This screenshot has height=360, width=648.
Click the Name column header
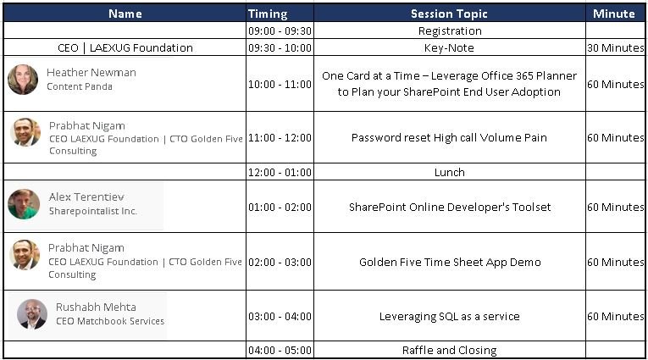(125, 14)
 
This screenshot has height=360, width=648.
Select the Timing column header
(268, 14)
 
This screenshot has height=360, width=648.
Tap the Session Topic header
(449, 14)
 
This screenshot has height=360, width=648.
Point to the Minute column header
(614, 14)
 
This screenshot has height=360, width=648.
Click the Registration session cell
(450, 31)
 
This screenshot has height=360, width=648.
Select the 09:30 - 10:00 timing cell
(280, 48)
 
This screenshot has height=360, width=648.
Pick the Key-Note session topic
(449, 48)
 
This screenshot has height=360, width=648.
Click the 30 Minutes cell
(615, 48)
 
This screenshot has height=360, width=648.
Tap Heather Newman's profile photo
(23, 80)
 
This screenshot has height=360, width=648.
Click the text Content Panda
(80, 86)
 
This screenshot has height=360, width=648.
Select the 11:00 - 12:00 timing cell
(280, 137)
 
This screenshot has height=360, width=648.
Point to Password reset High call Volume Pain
(449, 137)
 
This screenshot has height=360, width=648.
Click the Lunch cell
(449, 172)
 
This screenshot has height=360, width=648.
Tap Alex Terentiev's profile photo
(24, 204)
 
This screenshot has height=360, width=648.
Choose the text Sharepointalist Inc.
(92, 211)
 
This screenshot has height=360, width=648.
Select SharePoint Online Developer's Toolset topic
(450, 207)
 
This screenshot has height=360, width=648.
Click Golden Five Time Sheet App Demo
(450, 262)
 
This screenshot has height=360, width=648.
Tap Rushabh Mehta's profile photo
(32, 314)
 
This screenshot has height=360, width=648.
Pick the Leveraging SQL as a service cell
(449, 317)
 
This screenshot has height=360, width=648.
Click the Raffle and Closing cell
(449, 351)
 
